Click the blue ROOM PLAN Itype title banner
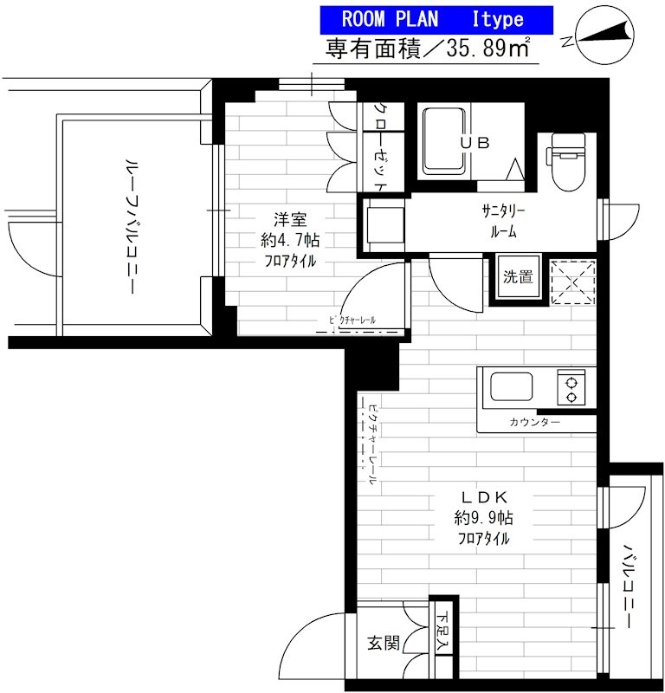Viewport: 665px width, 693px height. tap(436, 17)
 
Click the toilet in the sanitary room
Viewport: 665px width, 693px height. tap(567, 161)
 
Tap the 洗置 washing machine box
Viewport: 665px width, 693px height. tap(518, 278)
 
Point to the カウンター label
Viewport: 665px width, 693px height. tap(534, 422)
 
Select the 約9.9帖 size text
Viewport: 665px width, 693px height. tap(483, 518)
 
